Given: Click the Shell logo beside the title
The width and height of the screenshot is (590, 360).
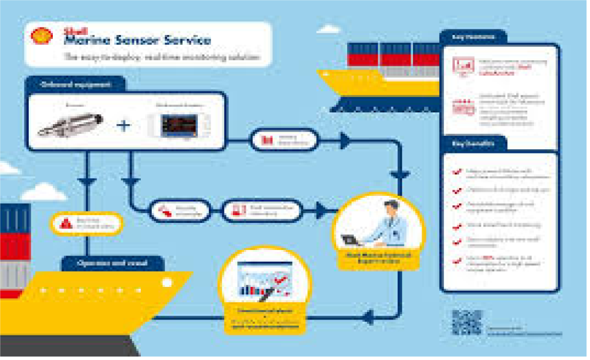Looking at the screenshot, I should tap(42, 36).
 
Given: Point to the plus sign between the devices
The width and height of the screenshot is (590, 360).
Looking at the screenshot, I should tap(124, 125).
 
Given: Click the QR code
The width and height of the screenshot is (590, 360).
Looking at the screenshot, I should tap(466, 322).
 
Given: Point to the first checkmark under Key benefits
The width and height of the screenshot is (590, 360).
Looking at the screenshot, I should tap(455, 173).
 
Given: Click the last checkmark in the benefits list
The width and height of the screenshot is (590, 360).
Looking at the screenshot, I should tap(455, 260).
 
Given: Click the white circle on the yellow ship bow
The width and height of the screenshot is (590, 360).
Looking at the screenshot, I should tap(167, 283).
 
